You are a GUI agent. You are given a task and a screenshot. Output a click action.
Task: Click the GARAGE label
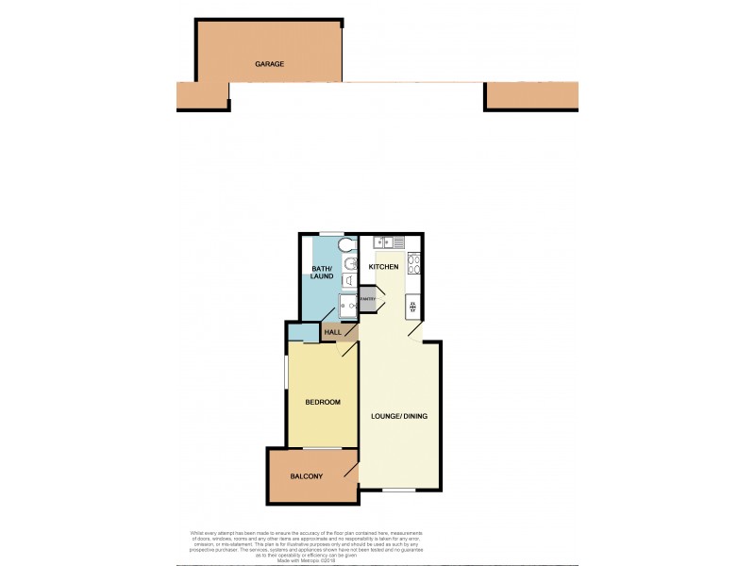pyautogui.click(x=269, y=64)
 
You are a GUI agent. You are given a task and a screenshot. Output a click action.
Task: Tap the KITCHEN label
pyautogui.click(x=383, y=268)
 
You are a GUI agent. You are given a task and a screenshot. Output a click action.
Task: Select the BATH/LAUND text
pyautogui.click(x=323, y=273)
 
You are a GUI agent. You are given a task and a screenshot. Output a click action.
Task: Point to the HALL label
pyautogui.click(x=333, y=332)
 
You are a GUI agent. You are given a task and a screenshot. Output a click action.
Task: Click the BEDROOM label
pyautogui.click(x=322, y=403)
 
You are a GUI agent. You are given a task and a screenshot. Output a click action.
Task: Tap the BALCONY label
pyautogui.click(x=307, y=476)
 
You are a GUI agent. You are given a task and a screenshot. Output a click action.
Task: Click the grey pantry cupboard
pyautogui.click(x=367, y=300)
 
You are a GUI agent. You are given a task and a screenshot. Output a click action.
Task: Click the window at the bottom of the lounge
pyautogui.click(x=399, y=491)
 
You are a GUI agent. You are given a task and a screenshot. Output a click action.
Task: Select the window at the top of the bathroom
pyautogui.click(x=330, y=233)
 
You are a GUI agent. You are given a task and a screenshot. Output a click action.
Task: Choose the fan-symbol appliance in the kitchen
pyautogui.click(x=413, y=306)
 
